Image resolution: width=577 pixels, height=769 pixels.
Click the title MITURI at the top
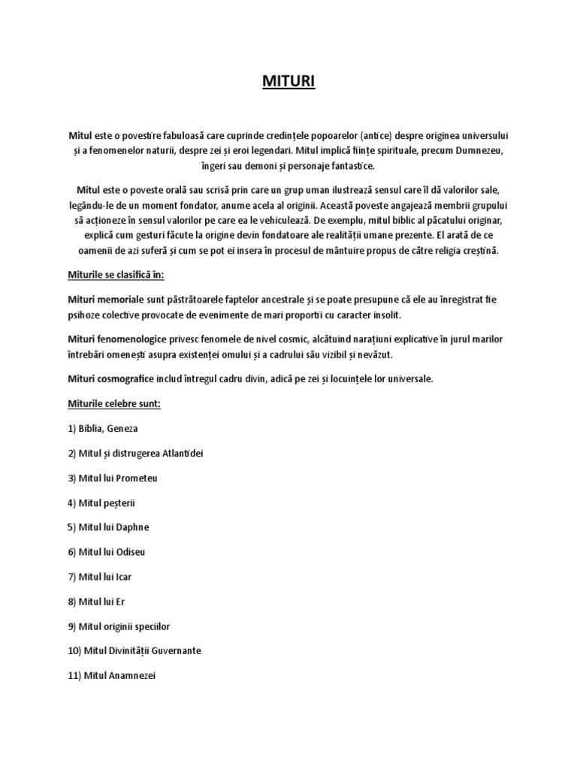[x=288, y=80]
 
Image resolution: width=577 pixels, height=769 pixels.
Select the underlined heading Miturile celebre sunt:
[x=114, y=404]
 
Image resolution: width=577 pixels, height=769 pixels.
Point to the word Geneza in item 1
[x=122, y=429]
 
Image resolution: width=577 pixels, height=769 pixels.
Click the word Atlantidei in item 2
[x=186, y=454]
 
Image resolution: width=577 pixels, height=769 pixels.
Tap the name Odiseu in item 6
[x=130, y=552]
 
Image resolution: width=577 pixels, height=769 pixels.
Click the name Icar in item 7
[x=124, y=577]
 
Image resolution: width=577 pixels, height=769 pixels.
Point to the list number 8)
[x=73, y=601]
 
